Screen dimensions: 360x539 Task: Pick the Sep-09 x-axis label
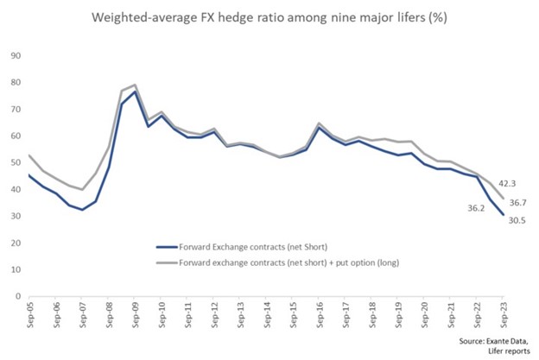pos(135,317)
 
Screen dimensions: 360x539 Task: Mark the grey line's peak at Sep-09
pos(135,85)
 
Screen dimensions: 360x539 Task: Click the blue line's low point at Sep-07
pos(82,210)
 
